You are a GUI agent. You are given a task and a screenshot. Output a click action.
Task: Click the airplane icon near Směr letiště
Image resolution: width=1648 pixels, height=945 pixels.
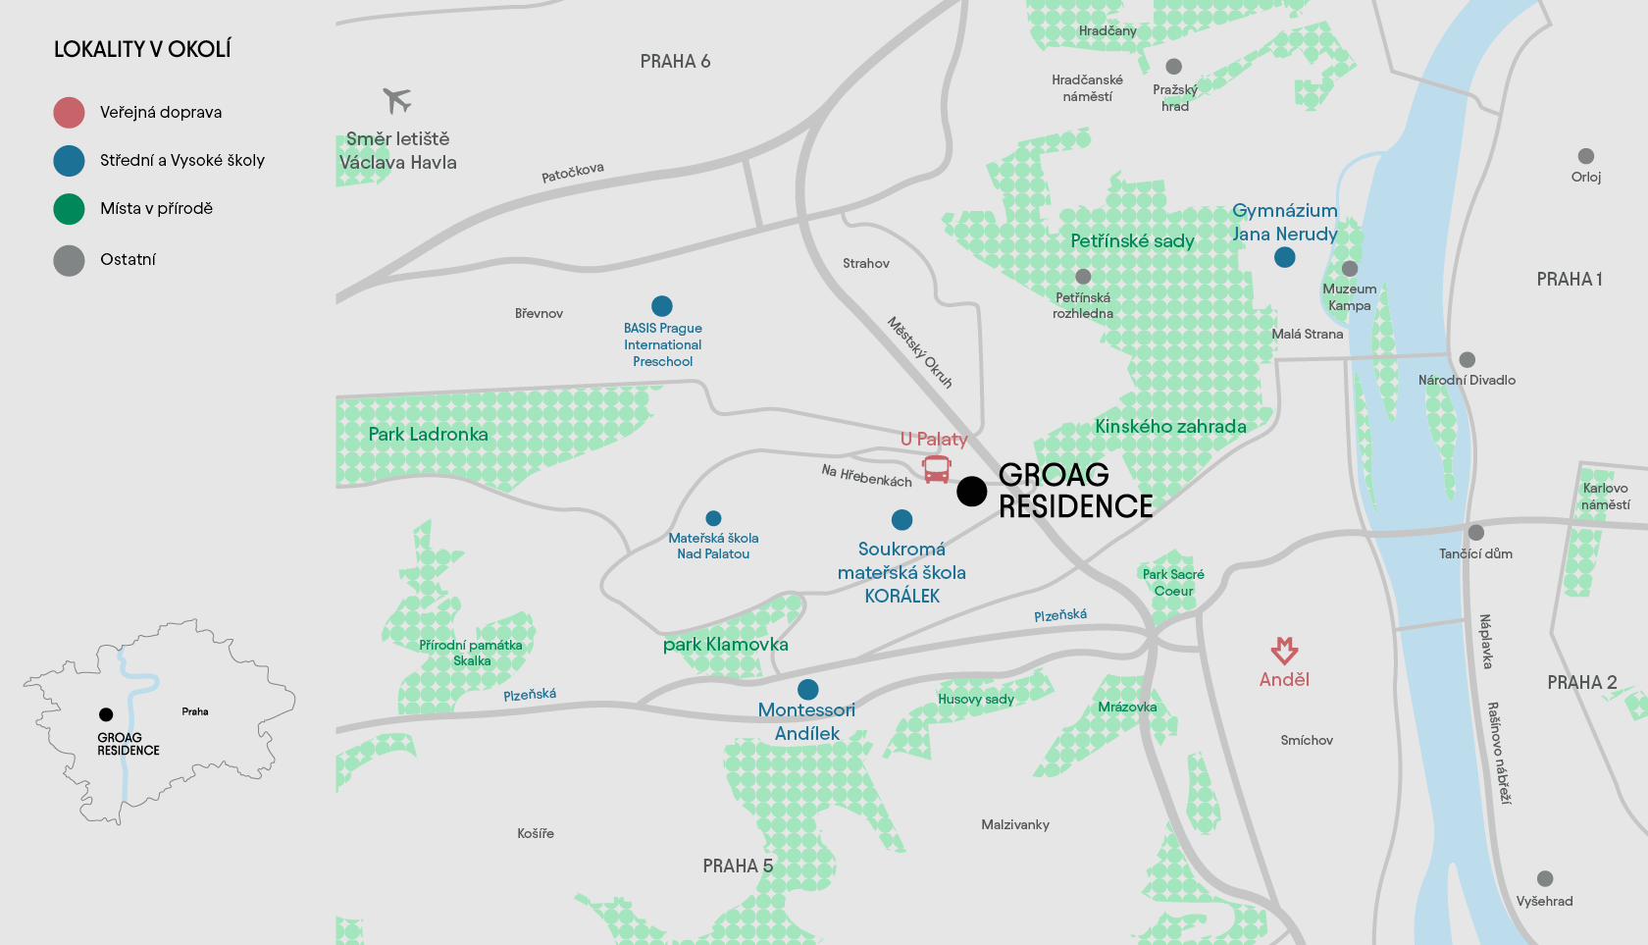coord(396,100)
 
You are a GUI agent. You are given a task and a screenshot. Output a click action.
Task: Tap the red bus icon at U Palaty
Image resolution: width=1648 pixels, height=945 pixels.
coord(937,469)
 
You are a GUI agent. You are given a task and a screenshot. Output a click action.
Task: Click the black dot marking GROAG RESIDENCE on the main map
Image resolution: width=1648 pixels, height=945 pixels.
coord(971,491)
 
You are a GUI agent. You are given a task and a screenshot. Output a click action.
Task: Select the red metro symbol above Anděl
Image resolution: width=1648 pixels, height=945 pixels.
coord(1284,650)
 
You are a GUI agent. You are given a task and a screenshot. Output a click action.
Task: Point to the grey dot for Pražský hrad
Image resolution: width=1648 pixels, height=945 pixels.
coord(1173,67)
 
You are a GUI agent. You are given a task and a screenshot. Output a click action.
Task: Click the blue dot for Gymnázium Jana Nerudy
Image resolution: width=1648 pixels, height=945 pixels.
coord(1284,257)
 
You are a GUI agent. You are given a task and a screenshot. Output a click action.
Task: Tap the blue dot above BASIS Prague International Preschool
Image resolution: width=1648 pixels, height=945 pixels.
coord(662,306)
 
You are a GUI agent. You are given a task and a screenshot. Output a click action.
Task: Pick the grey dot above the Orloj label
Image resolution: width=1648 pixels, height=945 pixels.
coord(1585,156)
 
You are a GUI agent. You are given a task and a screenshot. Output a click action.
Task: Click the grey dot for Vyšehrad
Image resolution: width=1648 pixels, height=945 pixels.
coord(1545,878)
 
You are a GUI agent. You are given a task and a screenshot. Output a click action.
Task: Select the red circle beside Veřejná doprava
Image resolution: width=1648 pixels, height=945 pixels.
coord(69,113)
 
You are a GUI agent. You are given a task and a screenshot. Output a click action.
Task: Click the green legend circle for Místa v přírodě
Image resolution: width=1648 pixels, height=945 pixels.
coord(69,209)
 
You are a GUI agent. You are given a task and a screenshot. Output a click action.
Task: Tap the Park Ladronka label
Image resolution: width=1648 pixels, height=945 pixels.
coord(428,434)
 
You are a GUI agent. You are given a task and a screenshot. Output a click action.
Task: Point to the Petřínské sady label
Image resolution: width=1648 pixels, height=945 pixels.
coord(1132,241)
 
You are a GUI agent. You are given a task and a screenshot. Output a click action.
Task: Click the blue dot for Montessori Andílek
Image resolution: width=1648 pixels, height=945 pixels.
coord(807,689)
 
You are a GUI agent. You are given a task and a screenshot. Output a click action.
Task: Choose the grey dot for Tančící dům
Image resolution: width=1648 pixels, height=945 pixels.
coord(1475,533)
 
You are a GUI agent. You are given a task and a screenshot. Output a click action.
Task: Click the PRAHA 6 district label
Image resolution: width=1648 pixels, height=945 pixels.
coord(675,62)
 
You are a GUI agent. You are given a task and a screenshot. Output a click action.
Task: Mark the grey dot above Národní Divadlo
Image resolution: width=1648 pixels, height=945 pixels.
coord(1467,360)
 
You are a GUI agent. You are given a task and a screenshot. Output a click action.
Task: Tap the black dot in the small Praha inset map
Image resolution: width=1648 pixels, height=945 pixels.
coord(106,714)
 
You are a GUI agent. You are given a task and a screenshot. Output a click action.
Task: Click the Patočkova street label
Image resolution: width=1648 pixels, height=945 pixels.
coord(573,173)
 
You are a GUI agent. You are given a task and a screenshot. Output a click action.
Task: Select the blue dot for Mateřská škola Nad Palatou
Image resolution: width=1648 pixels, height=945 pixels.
coord(713,518)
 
